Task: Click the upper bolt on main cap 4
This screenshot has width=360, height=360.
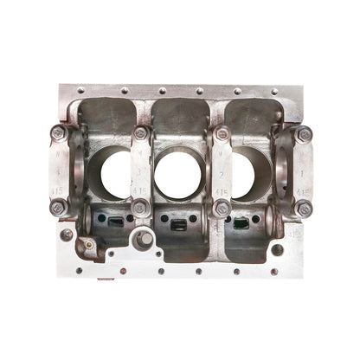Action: (x=58, y=133)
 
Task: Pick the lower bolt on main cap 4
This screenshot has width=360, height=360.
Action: (x=58, y=208)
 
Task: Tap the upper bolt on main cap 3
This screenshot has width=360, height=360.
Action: (x=141, y=133)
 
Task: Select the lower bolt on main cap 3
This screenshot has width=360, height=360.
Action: (x=140, y=208)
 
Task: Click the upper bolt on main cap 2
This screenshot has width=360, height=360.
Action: (x=222, y=134)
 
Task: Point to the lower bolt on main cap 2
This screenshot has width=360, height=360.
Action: (x=222, y=208)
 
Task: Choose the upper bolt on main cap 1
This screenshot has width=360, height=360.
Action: (x=303, y=134)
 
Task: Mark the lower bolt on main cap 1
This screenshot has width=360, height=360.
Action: (x=303, y=208)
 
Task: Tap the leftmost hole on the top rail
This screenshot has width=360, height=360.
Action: (x=80, y=90)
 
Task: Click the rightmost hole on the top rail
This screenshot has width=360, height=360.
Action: (x=275, y=91)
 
